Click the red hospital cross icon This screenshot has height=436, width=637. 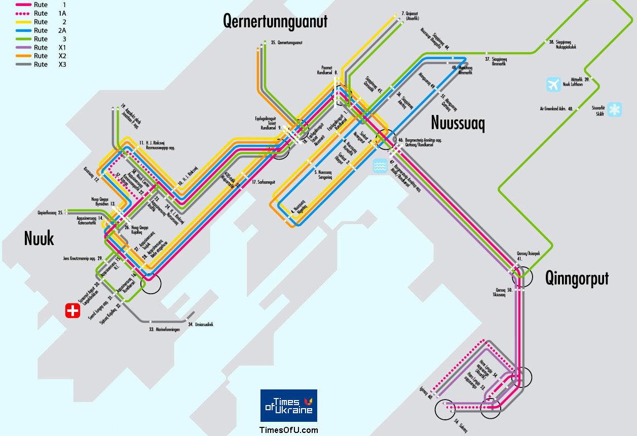pos(73,310)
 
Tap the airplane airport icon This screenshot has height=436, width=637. pos(554,84)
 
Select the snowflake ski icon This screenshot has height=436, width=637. pos(615,109)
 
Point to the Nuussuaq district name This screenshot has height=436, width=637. pos(458,123)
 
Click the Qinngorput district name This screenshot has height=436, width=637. pos(577,278)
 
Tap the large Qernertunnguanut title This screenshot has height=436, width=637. pos(275,21)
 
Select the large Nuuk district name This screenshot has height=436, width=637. pos(39,238)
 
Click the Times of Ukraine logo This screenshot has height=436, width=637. pos(289,406)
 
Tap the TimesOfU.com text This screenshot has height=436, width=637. pos(289,430)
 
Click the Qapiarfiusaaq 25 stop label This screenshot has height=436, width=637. pos(50,213)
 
